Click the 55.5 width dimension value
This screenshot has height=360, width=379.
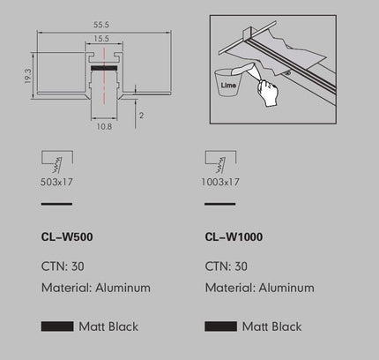tap(101, 25)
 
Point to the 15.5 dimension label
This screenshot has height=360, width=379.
tap(101, 39)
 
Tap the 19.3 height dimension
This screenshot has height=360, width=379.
tap(27, 76)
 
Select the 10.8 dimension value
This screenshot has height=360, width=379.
tap(104, 126)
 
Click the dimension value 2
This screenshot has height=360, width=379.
tap(141, 116)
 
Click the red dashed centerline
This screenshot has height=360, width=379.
tap(104, 76)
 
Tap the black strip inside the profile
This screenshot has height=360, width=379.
tap(104, 68)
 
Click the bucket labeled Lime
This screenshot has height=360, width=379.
tap(228, 83)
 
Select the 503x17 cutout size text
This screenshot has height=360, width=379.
tap(56, 182)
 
